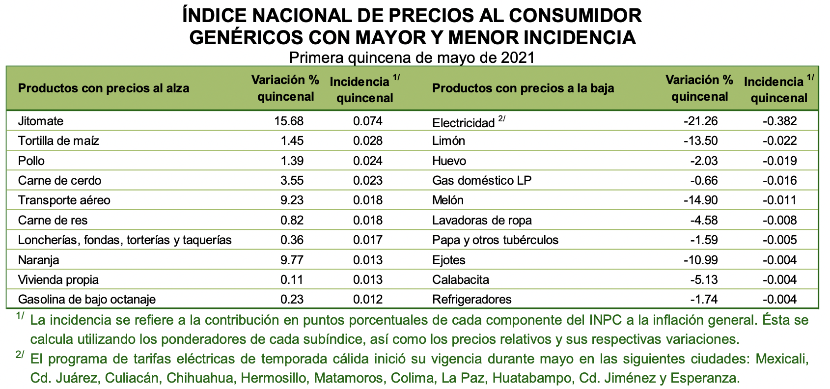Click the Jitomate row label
[41, 121]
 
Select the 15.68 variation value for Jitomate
[289, 121]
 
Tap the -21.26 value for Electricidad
[701, 121]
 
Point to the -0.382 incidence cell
[779, 121]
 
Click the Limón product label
[448, 141]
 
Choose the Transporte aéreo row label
[64, 200]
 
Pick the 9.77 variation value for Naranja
[292, 260]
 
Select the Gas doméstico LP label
[482, 180]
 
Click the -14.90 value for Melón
[701, 200]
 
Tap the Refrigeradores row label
[471, 299]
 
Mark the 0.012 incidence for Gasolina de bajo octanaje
[367, 299]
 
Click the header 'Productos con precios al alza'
[103, 88]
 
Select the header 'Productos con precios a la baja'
[523, 88]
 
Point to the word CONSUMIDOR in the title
[575, 16]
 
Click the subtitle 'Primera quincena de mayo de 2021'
[412, 58]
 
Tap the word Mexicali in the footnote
[782, 359]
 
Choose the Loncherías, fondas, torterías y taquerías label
[125, 240]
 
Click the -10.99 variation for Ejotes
[701, 260]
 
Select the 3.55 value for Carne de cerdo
[292, 180]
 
